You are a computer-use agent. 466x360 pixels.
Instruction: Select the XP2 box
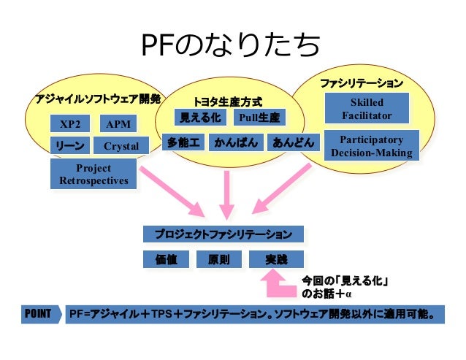71,124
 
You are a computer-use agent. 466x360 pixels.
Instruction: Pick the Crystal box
121,146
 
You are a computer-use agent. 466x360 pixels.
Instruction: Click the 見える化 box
200,118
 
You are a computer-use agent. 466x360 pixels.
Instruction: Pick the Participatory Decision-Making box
371,146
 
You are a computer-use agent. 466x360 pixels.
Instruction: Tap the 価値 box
167,259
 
